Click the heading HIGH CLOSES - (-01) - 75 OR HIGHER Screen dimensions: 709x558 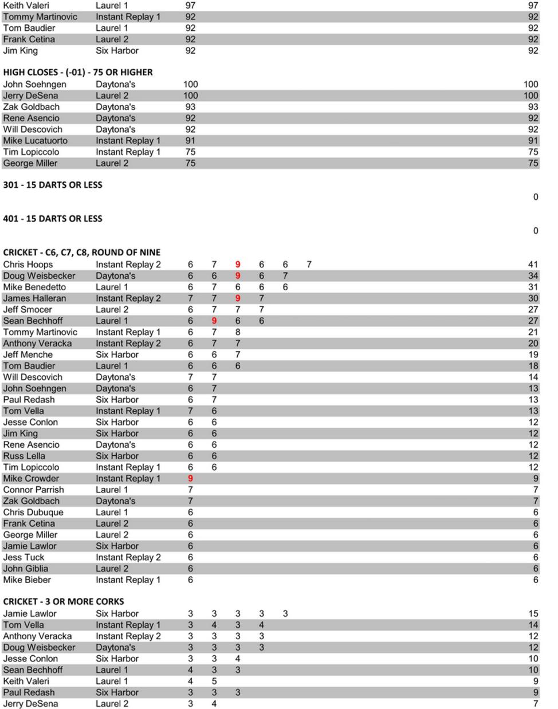pos(78,72)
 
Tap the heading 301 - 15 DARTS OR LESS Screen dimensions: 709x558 pos(53,185)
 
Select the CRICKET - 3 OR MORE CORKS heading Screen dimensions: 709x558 pos(64,601)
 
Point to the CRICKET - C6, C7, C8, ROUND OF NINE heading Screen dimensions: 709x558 pos(82,253)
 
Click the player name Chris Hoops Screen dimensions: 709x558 pos(28,265)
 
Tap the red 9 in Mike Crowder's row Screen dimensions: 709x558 pos(190,479)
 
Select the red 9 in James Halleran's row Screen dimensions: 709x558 pos(238,298)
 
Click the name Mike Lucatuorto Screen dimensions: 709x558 pos(36,141)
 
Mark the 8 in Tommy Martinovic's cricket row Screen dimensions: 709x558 pos(238,332)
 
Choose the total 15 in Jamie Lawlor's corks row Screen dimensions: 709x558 pos(533,614)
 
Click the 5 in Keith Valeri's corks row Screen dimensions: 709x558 pos(214,682)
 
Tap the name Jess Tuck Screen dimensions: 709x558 pos(24,558)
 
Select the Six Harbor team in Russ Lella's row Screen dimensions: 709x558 pos(117,456)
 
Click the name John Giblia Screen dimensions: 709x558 pos(26,569)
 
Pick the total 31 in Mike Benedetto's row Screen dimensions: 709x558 pos(533,287)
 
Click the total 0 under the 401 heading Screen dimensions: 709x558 pos(536,231)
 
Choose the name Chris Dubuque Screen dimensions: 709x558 pos(33,513)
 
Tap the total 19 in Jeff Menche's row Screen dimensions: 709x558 pos(533,354)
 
